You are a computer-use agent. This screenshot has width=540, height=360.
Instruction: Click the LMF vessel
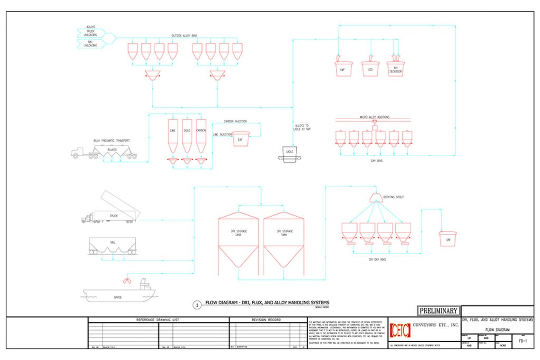click(x=344, y=69)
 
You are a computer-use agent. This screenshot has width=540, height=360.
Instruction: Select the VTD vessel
click(x=370, y=69)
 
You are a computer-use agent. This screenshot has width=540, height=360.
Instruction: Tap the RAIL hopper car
click(x=113, y=245)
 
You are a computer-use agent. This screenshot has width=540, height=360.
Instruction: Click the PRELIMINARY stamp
click(x=438, y=310)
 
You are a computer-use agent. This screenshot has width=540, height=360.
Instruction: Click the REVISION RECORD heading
click(x=267, y=320)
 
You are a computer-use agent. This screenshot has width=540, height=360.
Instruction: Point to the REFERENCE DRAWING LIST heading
click(x=158, y=320)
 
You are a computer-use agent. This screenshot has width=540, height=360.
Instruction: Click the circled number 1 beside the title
click(x=197, y=305)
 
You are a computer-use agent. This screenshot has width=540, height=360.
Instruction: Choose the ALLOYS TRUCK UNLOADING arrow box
click(x=95, y=31)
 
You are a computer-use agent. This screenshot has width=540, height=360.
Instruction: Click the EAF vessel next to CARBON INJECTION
click(x=240, y=139)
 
